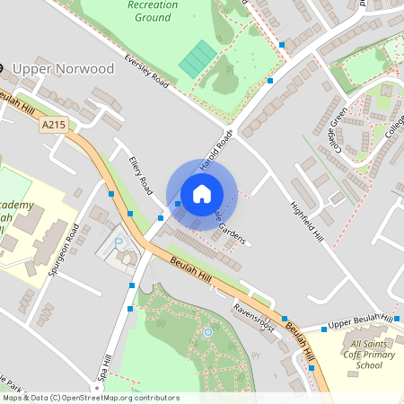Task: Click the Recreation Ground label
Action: [153, 11]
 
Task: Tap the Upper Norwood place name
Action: [64, 68]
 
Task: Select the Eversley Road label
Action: [147, 71]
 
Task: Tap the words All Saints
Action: [368, 344]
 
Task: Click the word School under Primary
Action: [368, 365]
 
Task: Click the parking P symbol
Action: [119, 243]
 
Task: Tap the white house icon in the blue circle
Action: [202, 194]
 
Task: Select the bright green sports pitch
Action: [198, 59]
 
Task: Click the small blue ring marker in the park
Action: [208, 332]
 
